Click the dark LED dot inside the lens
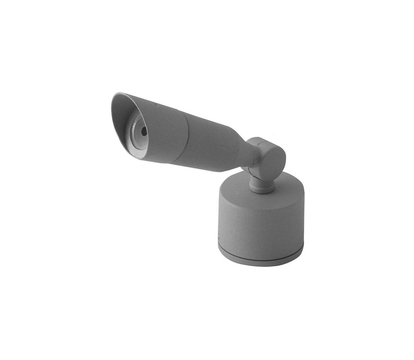(144, 131)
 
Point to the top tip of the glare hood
(117, 94)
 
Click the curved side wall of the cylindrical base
(259, 223)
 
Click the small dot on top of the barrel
(156, 105)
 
